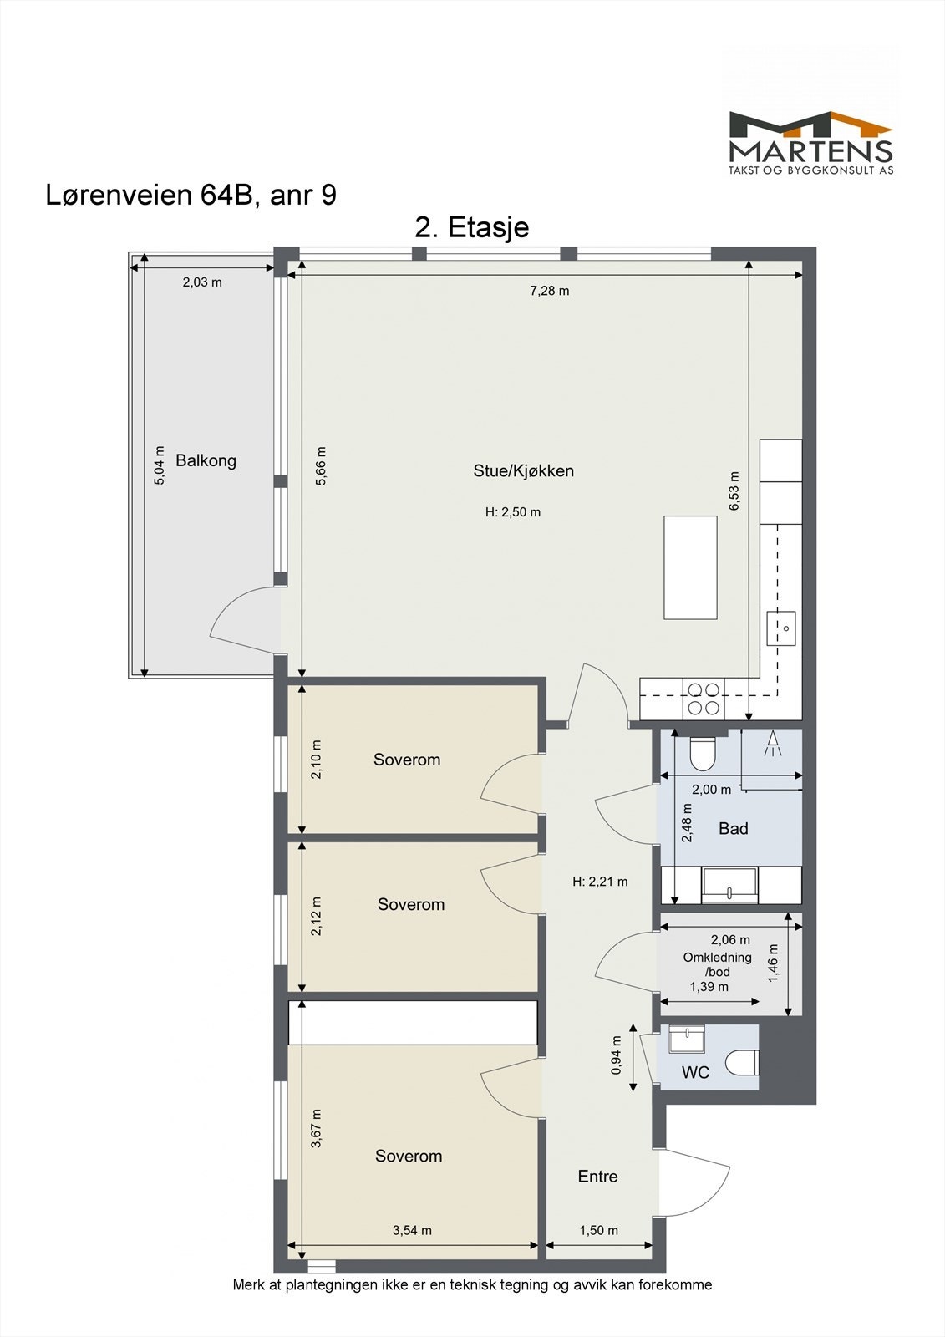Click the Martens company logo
(810, 143)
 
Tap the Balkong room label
(206, 460)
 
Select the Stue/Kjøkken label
(524, 471)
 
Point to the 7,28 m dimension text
(550, 292)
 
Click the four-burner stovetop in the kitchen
(704, 699)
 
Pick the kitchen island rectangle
(690, 567)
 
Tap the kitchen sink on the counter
(781, 628)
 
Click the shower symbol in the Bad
(773, 744)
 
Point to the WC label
(695, 1073)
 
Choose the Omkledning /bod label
(718, 964)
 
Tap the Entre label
(597, 1177)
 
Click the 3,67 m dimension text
(316, 1128)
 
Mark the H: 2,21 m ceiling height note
(600, 882)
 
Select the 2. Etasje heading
(471, 227)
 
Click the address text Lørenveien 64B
(152, 196)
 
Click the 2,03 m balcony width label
(202, 282)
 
